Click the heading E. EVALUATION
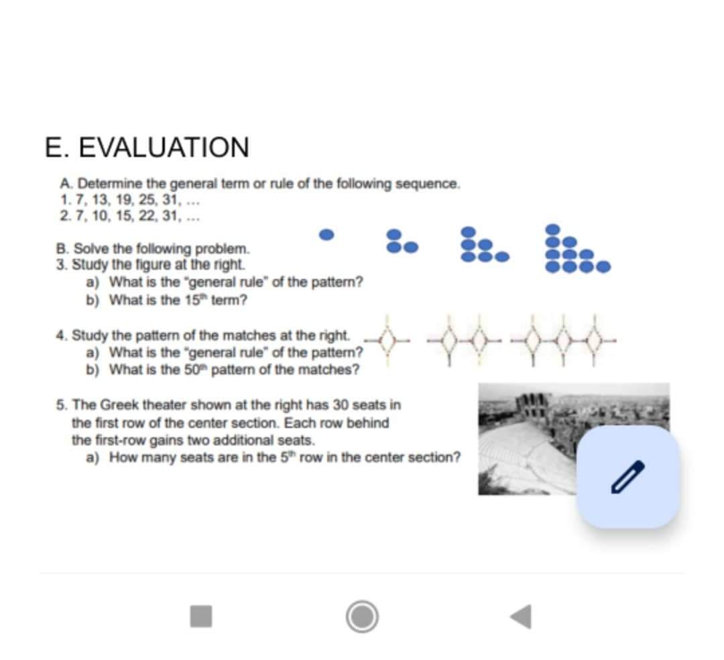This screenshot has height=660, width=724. (147, 147)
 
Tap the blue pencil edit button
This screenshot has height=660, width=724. (628, 477)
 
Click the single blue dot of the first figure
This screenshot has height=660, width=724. (326, 235)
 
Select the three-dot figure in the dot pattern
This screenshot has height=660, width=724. (402, 241)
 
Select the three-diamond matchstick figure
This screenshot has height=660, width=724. (563, 341)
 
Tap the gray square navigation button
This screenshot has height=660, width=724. (200, 615)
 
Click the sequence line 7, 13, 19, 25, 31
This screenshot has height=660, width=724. (130, 199)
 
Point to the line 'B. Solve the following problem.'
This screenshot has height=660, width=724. (153, 249)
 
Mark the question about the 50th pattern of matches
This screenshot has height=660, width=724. (234, 370)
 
